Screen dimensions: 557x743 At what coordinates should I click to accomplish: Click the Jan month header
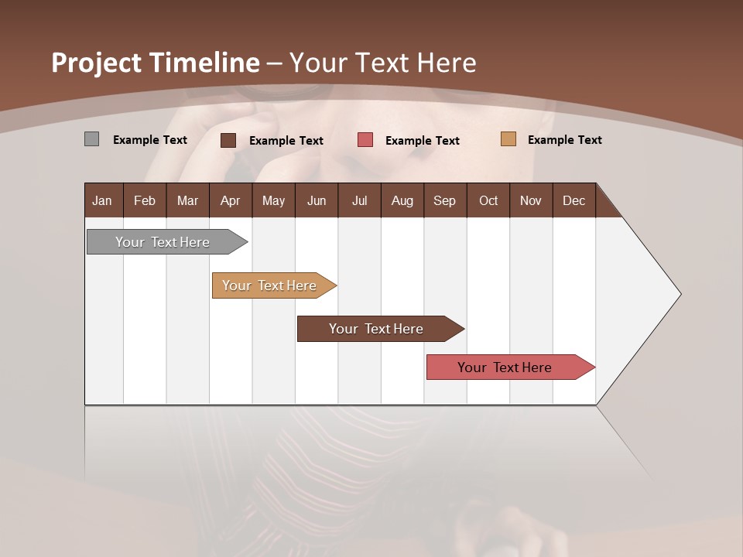103,200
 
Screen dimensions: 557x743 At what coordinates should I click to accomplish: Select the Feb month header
145,200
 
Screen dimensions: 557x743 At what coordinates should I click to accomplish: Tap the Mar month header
187,200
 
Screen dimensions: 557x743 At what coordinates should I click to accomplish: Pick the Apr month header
231,200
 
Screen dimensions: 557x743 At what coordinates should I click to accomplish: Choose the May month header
273,200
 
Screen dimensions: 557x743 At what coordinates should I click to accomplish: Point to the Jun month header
317,200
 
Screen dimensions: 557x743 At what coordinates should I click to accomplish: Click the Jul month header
359,200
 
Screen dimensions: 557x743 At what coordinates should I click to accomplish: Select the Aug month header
402,200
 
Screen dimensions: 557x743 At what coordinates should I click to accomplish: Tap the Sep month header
445,200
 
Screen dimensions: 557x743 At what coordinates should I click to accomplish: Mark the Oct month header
488,200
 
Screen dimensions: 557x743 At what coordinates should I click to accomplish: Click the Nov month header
531,200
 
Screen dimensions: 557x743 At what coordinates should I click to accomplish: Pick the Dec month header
574,200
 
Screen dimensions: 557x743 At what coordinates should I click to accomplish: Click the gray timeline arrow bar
163,242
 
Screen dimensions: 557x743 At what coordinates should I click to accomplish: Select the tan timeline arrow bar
270,285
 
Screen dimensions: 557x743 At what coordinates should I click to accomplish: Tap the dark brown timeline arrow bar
377,329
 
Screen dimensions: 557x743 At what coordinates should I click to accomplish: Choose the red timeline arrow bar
505,367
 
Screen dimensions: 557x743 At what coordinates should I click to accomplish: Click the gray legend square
91,139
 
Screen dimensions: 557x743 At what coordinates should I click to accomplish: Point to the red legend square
365,140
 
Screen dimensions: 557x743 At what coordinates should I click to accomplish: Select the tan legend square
508,139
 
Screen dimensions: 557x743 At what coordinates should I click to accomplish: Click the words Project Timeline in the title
156,63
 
